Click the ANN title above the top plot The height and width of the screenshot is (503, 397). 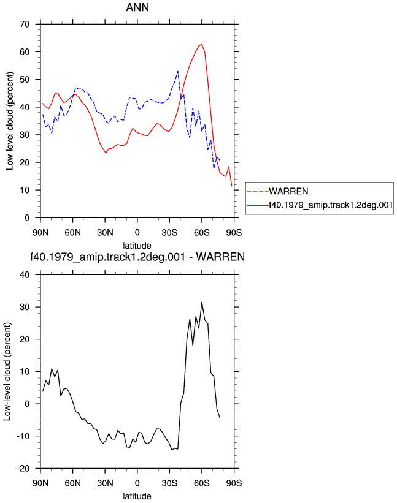click(x=137, y=7)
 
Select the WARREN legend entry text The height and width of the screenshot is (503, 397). click(x=288, y=191)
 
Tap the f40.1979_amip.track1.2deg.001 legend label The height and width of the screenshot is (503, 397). click(x=331, y=205)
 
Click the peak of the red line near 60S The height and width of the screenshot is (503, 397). click(x=202, y=44)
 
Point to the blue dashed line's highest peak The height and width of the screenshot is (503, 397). click(x=177, y=71)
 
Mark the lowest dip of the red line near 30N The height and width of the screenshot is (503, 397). click(x=106, y=153)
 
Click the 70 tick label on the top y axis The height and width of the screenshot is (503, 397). click(x=25, y=24)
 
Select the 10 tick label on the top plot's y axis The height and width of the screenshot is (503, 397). click(x=25, y=190)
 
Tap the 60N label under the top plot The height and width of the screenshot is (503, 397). click(x=72, y=232)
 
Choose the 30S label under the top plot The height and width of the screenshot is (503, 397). click(x=169, y=232)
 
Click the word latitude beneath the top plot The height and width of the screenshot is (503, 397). click(x=137, y=246)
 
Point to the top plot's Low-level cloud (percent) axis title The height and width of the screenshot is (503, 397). click(x=10, y=121)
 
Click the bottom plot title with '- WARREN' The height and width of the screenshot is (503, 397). click(x=137, y=257)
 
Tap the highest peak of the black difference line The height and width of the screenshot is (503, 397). click(x=202, y=302)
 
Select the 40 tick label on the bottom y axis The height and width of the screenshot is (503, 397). click(x=25, y=274)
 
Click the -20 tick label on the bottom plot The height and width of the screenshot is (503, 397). click(x=23, y=468)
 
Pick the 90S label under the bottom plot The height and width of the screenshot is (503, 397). click(x=234, y=483)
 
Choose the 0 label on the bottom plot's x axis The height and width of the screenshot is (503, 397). click(x=137, y=483)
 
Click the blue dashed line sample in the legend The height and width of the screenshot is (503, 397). click(x=258, y=192)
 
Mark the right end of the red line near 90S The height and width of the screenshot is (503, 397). click(x=231, y=186)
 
